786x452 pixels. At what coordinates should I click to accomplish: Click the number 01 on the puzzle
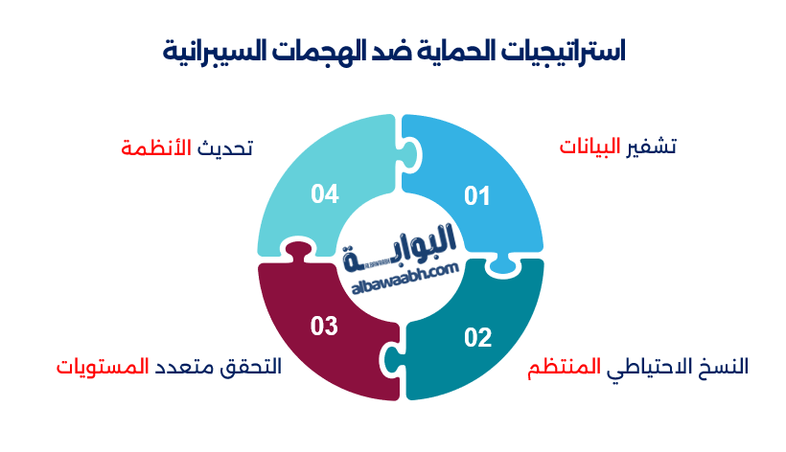(x=477, y=196)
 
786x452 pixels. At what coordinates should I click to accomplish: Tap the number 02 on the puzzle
(x=477, y=337)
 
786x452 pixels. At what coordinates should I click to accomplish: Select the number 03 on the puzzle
(x=325, y=326)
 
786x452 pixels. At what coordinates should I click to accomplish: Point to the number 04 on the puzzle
(x=325, y=194)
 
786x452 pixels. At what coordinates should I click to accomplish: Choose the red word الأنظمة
(x=157, y=148)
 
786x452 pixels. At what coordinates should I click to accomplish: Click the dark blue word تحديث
(x=225, y=148)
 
